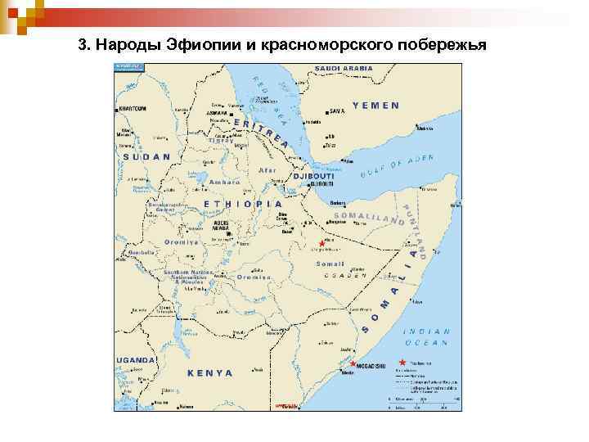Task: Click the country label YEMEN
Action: point(375,106)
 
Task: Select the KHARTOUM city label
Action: point(133,108)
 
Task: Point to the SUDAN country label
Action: point(146,156)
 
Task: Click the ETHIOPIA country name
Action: point(243,203)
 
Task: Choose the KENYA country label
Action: point(210,372)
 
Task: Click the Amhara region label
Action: point(224,183)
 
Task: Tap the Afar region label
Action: point(268,170)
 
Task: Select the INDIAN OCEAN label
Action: point(426,337)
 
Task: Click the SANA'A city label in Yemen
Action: point(337,111)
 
